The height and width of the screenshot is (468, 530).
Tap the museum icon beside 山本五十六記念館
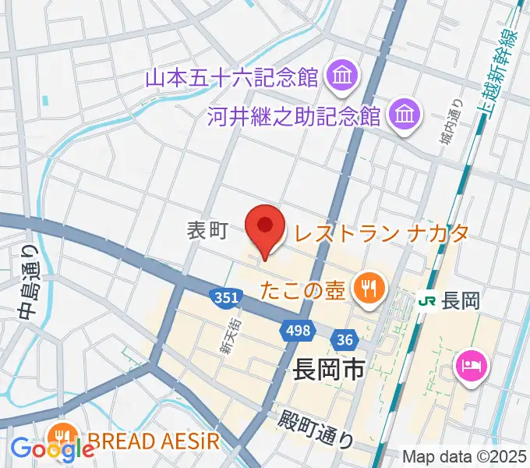tap(341, 76)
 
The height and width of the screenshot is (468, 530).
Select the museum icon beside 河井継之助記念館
tap(404, 115)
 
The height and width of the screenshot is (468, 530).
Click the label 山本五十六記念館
tap(233, 77)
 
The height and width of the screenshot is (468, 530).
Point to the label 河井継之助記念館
tap(293, 116)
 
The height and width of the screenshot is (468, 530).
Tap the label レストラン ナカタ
tap(380, 232)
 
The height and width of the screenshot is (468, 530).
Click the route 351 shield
tap(224, 297)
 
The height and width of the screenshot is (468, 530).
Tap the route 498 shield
tap(296, 330)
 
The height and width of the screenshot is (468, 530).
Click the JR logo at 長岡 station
tap(426, 300)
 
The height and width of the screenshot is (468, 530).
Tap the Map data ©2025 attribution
tap(465, 457)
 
